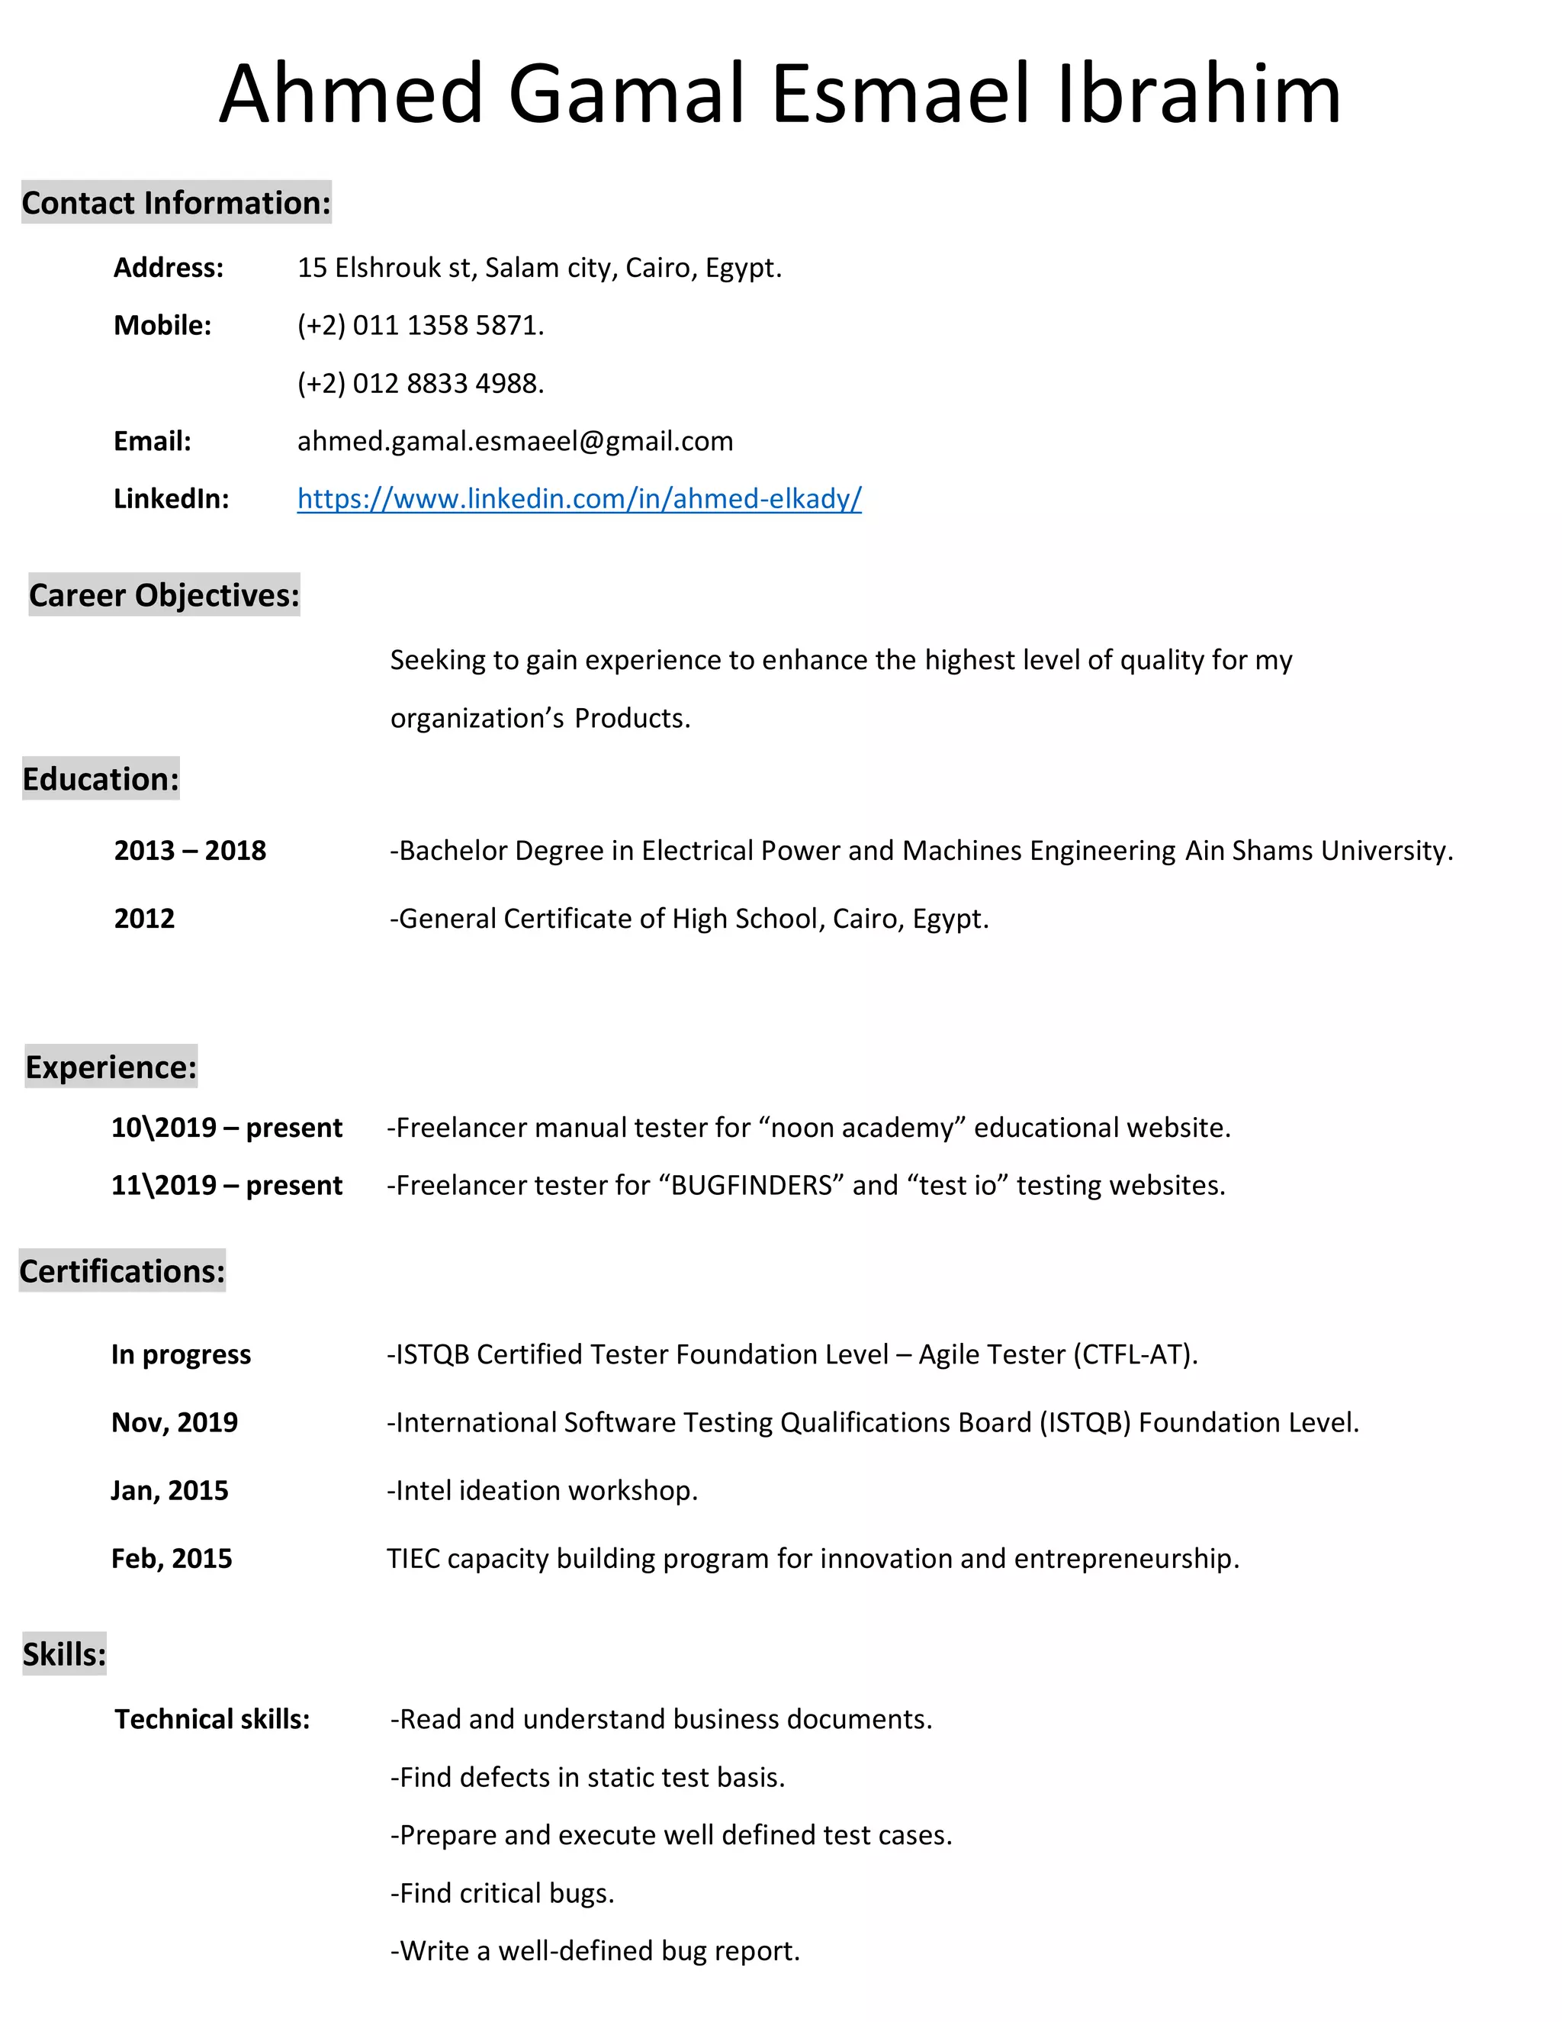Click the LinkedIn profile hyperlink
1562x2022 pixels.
point(580,499)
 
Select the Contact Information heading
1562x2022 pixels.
point(176,203)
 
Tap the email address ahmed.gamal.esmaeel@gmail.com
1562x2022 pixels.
point(515,441)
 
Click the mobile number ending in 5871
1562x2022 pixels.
point(420,326)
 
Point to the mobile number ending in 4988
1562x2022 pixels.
point(420,383)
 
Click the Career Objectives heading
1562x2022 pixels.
point(164,595)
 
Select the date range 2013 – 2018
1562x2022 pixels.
point(190,850)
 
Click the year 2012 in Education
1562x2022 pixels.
point(144,919)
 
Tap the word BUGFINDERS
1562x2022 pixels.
point(751,1185)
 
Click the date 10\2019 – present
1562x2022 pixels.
point(227,1128)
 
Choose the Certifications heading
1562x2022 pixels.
point(122,1271)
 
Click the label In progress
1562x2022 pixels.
point(181,1354)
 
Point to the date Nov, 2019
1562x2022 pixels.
point(174,1422)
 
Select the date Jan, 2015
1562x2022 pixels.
point(169,1491)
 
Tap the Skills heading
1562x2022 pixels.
point(64,1654)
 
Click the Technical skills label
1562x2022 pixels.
point(212,1719)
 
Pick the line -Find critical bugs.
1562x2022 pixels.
point(502,1893)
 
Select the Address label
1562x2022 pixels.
point(169,268)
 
